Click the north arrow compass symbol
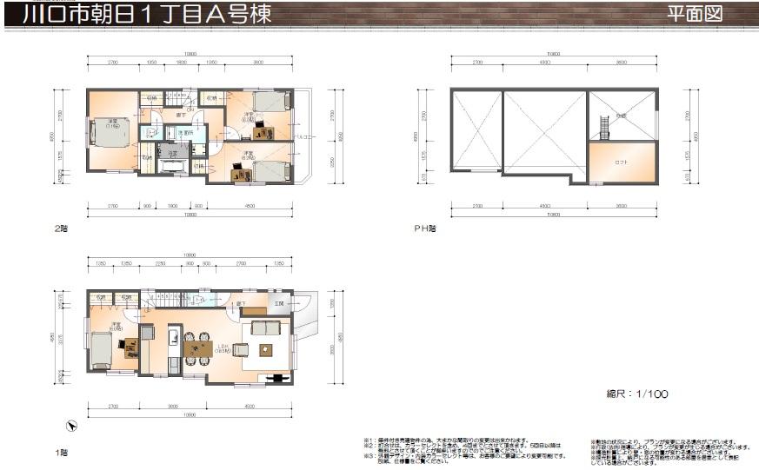click(x=73, y=426)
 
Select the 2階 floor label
click(x=61, y=228)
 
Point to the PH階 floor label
click(x=424, y=228)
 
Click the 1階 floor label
click(x=61, y=453)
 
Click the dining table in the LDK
click(x=198, y=349)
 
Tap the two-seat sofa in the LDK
click(x=264, y=328)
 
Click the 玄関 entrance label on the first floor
click(x=279, y=303)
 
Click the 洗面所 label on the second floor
click(x=184, y=133)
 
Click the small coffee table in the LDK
click(x=264, y=349)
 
